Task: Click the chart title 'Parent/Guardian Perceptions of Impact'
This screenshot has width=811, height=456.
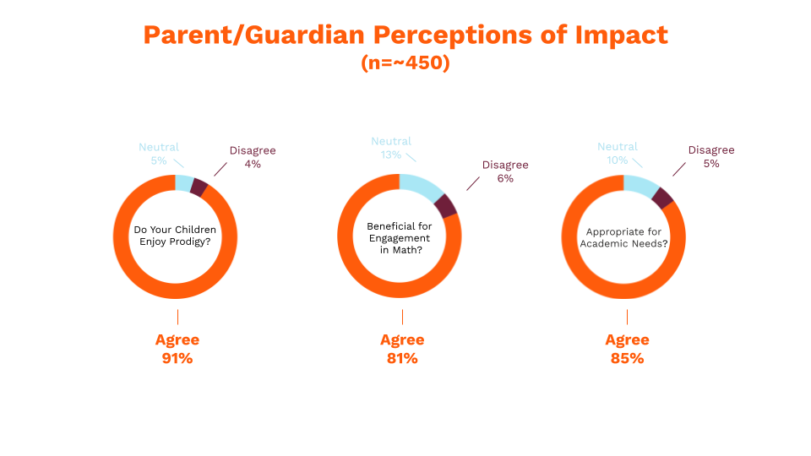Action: pos(405,35)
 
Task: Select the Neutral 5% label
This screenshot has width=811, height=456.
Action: pos(159,155)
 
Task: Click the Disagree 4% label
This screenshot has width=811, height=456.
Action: pos(253,158)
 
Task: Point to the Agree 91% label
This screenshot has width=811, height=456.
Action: pos(177,349)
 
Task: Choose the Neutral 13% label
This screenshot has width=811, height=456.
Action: pos(391,148)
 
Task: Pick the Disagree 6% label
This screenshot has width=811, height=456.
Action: pos(505,171)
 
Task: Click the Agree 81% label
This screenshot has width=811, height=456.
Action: pos(402,349)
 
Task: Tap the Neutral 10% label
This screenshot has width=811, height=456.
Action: pos(618,154)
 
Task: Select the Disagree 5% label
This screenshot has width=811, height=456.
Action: pos(710,157)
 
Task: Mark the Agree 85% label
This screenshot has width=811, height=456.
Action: pos(627,349)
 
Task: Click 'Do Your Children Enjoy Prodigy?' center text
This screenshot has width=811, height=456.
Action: pos(176,236)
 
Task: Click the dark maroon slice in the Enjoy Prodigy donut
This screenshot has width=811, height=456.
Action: pos(199,187)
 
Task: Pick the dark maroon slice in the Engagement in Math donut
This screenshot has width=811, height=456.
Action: pos(447,206)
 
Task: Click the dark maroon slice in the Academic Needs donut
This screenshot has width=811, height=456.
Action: pos(663,198)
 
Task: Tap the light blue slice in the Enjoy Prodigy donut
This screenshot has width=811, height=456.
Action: pos(184,183)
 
